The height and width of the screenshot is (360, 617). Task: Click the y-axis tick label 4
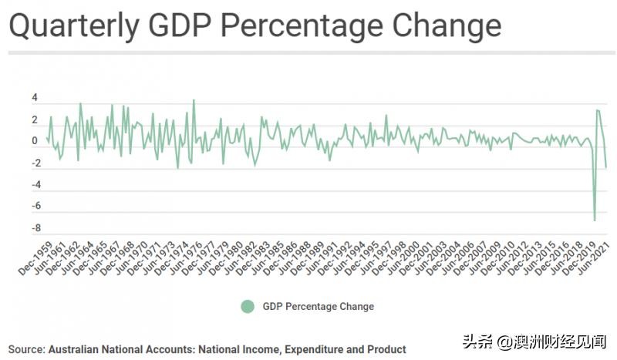35,99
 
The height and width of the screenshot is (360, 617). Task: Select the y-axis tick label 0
35,142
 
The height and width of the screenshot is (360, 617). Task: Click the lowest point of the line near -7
595,220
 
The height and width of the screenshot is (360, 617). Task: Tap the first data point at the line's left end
47,138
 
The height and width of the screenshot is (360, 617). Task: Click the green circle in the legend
247,306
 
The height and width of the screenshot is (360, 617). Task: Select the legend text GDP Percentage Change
319,306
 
